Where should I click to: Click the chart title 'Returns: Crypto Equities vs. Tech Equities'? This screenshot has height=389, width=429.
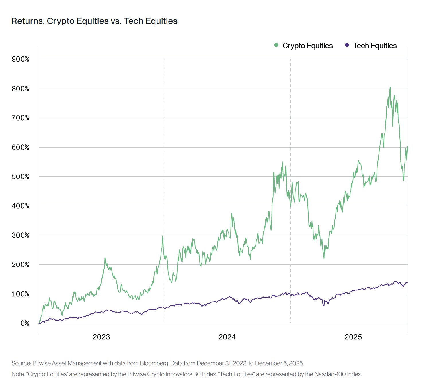(x=94, y=21)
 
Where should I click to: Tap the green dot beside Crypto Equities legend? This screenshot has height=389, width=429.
(x=276, y=45)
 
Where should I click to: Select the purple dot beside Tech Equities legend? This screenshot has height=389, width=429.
(x=347, y=45)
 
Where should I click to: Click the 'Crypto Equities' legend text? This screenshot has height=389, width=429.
(x=307, y=46)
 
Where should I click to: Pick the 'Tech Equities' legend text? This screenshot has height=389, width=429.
(x=375, y=46)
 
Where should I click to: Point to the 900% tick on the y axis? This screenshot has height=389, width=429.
(x=20, y=59)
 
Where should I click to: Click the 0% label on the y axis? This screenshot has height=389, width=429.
(x=25, y=323)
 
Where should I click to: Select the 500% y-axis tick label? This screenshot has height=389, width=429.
(x=20, y=177)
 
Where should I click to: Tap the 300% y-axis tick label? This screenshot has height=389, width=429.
(x=20, y=235)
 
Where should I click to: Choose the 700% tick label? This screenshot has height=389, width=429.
(x=20, y=118)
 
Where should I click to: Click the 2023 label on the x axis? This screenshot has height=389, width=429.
(x=101, y=337)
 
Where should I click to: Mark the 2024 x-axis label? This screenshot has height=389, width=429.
(x=227, y=337)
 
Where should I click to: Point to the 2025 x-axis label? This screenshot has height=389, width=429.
(x=353, y=337)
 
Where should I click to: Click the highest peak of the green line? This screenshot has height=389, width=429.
(x=390, y=87)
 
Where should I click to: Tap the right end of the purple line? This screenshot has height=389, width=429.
(x=408, y=282)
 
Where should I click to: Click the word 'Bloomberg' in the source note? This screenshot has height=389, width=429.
(x=154, y=363)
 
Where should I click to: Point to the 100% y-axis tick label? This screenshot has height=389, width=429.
(x=20, y=294)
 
